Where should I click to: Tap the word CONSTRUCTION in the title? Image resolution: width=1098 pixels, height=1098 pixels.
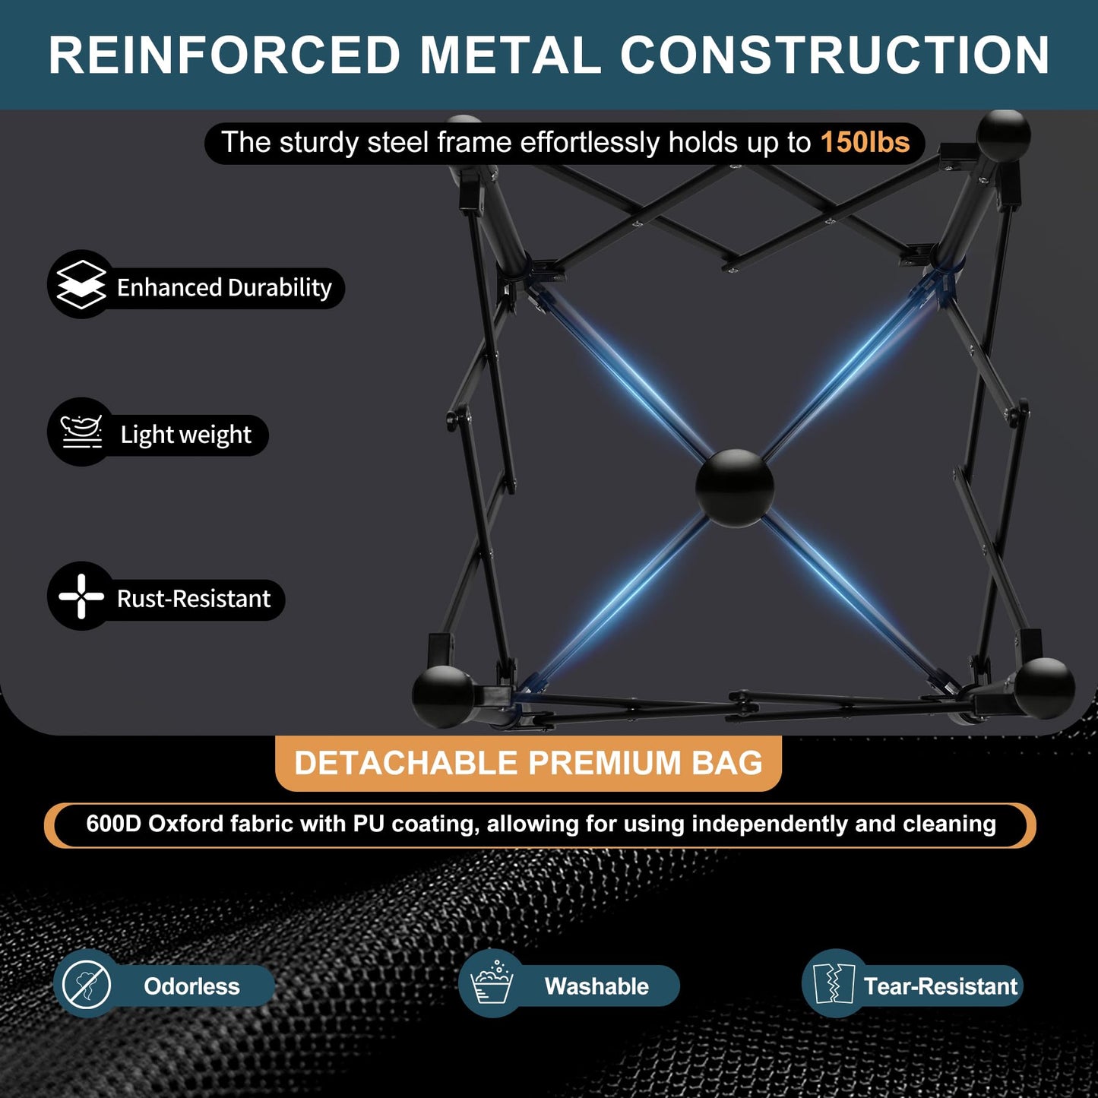pyautogui.click(x=835, y=55)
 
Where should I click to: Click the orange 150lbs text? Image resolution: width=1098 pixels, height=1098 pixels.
pyautogui.click(x=865, y=142)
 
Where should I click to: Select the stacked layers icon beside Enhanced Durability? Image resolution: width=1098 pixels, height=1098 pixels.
pyautogui.click(x=81, y=284)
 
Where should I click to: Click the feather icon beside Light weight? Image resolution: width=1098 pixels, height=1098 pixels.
pyautogui.click(x=81, y=432)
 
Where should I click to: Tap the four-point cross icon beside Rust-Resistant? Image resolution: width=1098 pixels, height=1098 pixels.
pyautogui.click(x=81, y=596)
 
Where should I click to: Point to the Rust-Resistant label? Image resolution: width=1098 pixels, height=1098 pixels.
pyautogui.click(x=194, y=599)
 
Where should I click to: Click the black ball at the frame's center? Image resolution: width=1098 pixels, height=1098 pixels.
pyautogui.click(x=735, y=488)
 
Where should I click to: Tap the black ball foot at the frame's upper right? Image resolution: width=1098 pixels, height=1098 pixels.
pyautogui.click(x=1004, y=136)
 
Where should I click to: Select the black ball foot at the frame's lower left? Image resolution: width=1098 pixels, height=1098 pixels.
pyautogui.click(x=443, y=696)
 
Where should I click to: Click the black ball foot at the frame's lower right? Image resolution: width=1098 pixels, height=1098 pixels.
pyautogui.click(x=1045, y=688)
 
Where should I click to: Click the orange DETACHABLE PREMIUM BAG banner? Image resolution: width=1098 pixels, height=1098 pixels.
pyautogui.click(x=528, y=763)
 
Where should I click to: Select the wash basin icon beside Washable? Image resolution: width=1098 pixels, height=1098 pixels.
pyautogui.click(x=492, y=983)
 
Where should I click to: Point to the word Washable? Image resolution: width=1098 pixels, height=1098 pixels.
pyautogui.click(x=596, y=986)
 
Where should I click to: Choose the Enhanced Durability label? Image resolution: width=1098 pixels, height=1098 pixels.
pyautogui.click(x=224, y=288)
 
